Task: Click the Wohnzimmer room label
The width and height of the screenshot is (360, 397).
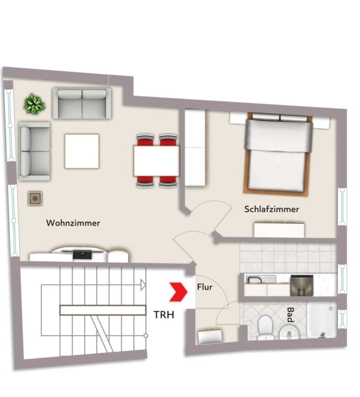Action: (73, 223)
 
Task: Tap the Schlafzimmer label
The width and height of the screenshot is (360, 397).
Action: (271, 209)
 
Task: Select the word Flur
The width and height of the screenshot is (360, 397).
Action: (205, 287)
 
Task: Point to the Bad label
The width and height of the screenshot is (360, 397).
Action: (291, 315)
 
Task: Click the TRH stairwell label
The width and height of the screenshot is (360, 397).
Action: (164, 315)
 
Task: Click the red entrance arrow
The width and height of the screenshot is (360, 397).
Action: (178, 292)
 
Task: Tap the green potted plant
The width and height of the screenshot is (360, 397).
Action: (35, 104)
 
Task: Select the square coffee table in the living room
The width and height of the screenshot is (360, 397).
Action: (82, 151)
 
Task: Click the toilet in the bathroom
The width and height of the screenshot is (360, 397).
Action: (265, 327)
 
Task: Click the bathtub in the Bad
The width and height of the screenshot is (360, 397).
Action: (322, 321)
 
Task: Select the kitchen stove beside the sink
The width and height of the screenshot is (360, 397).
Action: (302, 286)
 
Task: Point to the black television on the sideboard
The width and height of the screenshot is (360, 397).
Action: (82, 254)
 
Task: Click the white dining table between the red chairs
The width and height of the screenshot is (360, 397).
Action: (157, 161)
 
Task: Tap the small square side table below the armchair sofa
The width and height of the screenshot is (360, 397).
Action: (35, 198)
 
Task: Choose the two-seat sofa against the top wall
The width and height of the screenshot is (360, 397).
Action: (82, 103)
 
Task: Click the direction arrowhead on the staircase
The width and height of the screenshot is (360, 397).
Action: (143, 285)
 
